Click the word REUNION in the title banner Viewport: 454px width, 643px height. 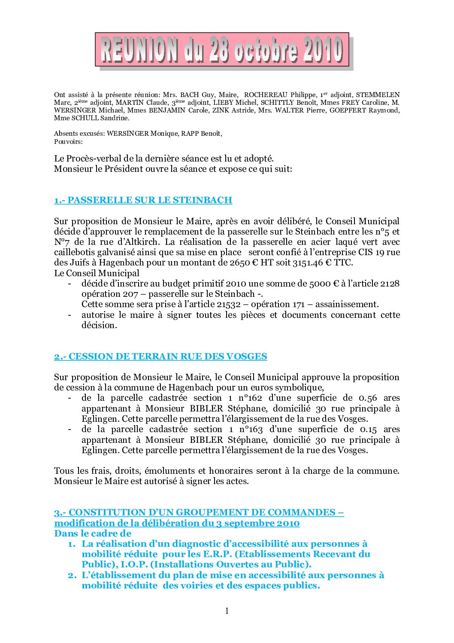(139, 50)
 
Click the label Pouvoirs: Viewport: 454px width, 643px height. (68, 141)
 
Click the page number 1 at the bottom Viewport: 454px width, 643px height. (227, 611)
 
